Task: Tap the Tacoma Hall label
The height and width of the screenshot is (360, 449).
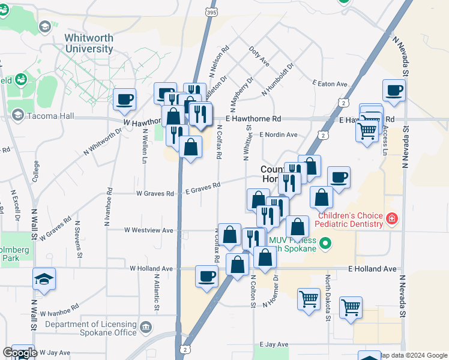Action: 45,115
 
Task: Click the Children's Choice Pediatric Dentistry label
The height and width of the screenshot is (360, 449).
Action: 351,220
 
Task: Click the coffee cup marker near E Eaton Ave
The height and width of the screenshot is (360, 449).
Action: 394,91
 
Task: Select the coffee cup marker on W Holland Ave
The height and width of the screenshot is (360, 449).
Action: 207,277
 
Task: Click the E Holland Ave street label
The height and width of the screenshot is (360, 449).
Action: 373,269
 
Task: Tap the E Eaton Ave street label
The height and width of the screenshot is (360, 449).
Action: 330,84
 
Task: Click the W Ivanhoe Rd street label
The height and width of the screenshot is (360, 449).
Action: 59,313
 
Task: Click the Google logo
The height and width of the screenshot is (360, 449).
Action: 19,353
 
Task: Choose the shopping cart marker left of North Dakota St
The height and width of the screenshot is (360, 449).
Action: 309,298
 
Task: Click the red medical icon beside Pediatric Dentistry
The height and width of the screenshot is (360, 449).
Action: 391,218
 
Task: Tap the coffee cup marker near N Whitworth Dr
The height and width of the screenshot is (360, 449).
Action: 124,100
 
